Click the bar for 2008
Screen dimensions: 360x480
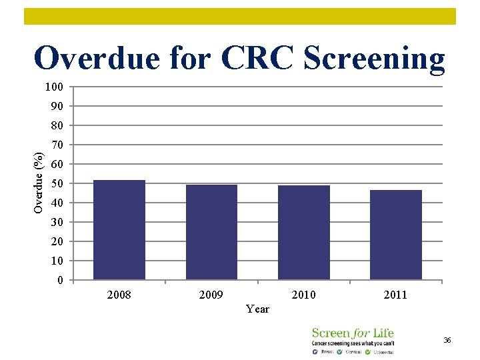(x=119, y=230)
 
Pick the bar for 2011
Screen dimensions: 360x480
(x=396, y=235)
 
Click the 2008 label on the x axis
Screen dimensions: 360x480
(x=119, y=295)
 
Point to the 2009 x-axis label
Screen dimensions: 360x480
(x=211, y=295)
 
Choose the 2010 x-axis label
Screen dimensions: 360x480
(x=304, y=295)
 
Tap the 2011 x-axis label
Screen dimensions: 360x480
(x=396, y=295)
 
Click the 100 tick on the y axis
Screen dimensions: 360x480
(x=55, y=87)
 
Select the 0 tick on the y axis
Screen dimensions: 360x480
(x=61, y=280)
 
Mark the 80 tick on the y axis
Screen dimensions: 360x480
(x=57, y=125)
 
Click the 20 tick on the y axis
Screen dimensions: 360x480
(x=57, y=241)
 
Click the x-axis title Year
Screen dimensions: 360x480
(x=257, y=309)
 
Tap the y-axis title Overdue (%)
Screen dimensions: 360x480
(x=39, y=183)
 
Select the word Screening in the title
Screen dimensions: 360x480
(x=374, y=58)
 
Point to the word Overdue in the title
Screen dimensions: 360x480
(x=97, y=58)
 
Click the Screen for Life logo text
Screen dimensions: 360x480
(x=353, y=333)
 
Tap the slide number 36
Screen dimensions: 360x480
(x=447, y=341)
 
